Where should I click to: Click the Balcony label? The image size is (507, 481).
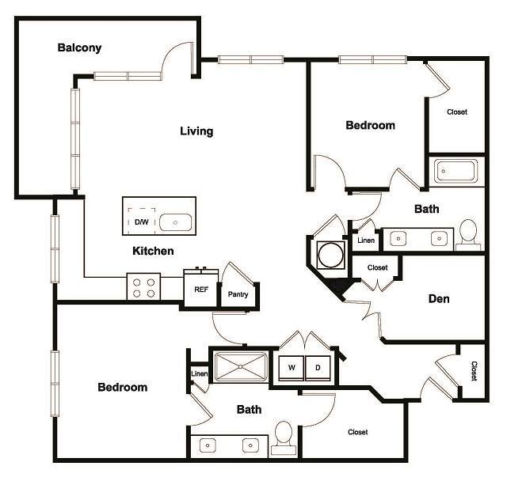tap(79, 48)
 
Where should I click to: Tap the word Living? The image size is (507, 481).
tap(196, 131)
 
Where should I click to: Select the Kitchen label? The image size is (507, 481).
tap(153, 252)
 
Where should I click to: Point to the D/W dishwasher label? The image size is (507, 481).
tap(142, 222)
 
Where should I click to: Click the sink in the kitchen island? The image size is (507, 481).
tap(174, 222)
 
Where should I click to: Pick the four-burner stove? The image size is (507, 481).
tap(143, 286)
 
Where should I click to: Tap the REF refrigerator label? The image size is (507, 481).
tap(201, 290)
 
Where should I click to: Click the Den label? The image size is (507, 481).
tap(439, 299)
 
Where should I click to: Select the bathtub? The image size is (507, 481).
tap(455, 172)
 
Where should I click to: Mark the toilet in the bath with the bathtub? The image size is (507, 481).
tap(468, 234)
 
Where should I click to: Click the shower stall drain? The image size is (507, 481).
tap(242, 367)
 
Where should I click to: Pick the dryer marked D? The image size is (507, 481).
tap(318, 369)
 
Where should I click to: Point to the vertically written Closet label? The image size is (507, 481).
tap(474, 371)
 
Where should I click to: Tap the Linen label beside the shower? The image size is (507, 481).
tap(198, 373)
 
